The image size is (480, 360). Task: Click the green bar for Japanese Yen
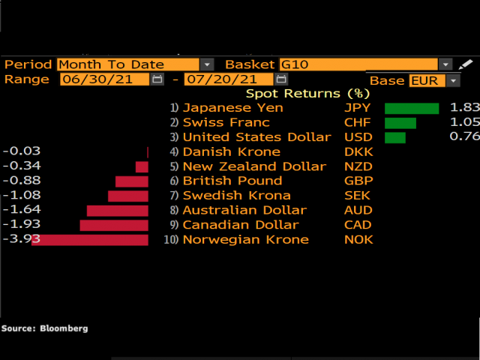point(412,108)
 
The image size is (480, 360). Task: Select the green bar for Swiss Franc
point(400,123)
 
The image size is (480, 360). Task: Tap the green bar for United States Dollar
point(395,137)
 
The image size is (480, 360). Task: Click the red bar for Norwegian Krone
point(90,239)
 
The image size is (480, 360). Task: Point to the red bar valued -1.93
point(114,225)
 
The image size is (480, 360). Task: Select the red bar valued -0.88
point(132,181)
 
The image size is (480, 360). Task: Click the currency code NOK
point(358,239)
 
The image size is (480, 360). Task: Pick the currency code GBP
point(358,181)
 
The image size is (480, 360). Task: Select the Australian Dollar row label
point(244,210)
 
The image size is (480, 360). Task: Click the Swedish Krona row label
point(237,196)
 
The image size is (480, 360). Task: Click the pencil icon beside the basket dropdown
point(466,64)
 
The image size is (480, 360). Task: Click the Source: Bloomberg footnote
point(44,328)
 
